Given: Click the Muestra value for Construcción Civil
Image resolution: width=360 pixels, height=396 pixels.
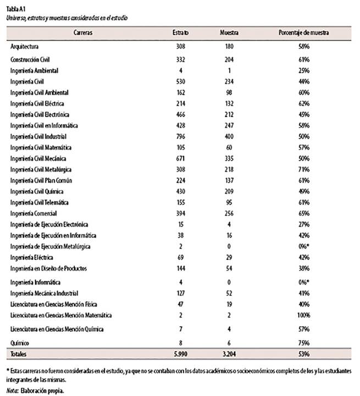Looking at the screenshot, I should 229,59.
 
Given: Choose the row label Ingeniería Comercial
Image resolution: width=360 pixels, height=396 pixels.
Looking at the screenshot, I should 34,213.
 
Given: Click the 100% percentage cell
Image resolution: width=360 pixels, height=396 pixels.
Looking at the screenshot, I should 302,315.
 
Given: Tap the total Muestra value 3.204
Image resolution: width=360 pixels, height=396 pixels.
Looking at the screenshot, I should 229,355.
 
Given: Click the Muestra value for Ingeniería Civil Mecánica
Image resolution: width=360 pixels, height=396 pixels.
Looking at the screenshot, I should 229,158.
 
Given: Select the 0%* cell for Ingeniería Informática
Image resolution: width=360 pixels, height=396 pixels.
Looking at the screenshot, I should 302,282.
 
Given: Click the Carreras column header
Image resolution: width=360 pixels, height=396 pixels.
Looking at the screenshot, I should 82,33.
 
